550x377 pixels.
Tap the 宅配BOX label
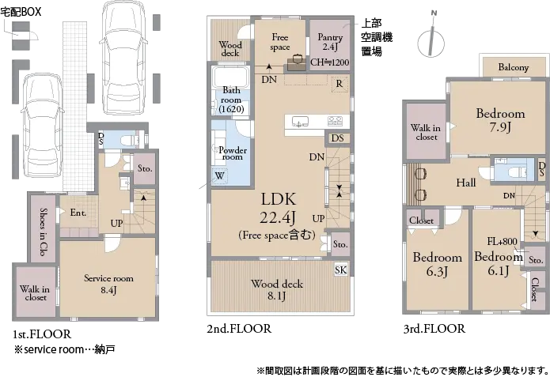tap(21, 12)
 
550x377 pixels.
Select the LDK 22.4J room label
tap(278, 208)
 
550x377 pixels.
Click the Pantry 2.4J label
tap(330, 41)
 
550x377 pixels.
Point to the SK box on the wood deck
tap(340, 270)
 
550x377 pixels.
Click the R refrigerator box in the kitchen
tap(339, 84)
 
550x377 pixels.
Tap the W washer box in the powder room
tap(220, 175)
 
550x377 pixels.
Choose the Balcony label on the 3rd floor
tap(513, 67)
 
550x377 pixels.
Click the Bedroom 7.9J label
tap(500, 120)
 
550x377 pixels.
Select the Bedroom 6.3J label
tap(437, 264)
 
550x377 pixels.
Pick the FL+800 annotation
tap(502, 241)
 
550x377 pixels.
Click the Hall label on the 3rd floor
tap(466, 183)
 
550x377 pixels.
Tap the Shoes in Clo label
tap(44, 232)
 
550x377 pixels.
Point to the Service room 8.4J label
tap(108, 285)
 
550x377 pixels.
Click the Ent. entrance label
tap(78, 213)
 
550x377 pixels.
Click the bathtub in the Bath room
tap(230, 77)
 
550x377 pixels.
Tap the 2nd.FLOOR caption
tap(239, 329)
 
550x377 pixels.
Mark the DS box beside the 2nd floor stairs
tap(337, 138)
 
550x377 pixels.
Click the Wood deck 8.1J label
tap(277, 290)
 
